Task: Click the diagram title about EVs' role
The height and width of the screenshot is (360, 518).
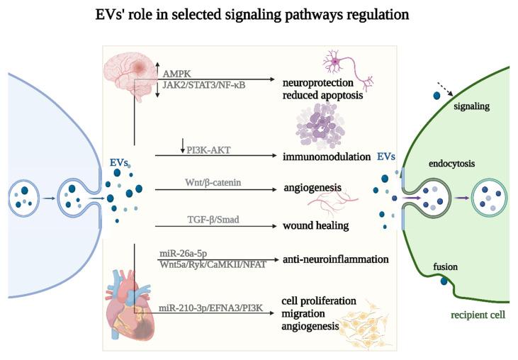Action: [x=259, y=14]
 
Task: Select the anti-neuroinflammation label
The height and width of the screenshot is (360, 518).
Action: [x=336, y=259]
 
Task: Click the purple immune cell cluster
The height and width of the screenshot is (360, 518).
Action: [x=323, y=123]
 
